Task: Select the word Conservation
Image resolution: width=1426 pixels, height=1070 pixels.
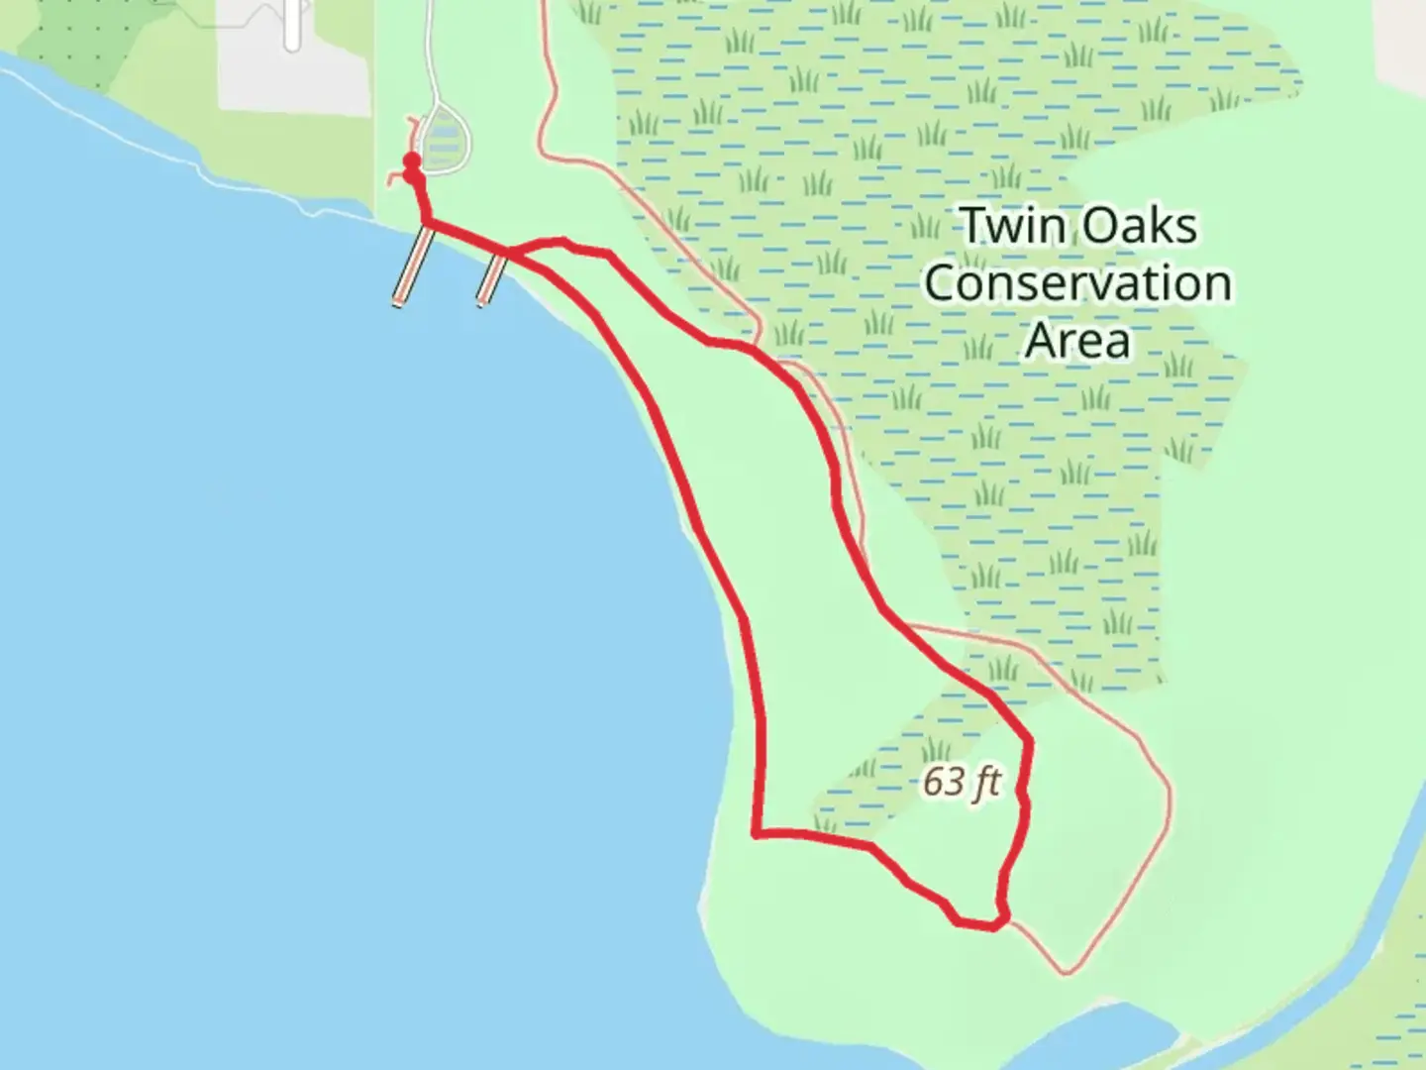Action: [1077, 283]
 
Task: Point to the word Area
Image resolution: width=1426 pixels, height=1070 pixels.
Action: [1077, 340]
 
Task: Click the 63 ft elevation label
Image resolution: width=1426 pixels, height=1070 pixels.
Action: [961, 782]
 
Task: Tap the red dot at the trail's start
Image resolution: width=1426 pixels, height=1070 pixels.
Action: [411, 161]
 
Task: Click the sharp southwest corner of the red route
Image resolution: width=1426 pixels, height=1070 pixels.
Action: [758, 832]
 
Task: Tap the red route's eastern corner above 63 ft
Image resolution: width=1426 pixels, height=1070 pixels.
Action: [1029, 740]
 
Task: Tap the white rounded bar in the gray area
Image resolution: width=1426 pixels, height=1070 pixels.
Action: [291, 25]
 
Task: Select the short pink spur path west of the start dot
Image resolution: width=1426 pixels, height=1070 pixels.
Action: [395, 179]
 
